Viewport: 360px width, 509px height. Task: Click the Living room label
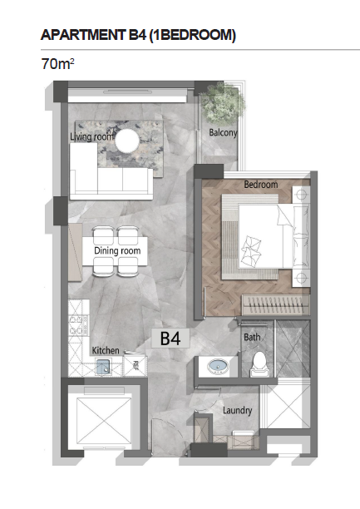[91, 136]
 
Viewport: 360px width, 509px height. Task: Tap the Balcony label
[223, 132]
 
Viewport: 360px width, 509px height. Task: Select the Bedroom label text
[261, 185]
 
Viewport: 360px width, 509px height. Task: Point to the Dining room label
[117, 250]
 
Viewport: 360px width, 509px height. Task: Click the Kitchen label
[106, 351]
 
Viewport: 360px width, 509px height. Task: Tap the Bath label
[252, 338]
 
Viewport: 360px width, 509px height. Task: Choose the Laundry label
[237, 411]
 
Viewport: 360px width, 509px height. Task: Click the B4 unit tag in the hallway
[170, 339]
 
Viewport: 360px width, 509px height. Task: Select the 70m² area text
[57, 63]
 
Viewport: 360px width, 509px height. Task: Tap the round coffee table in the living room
[127, 141]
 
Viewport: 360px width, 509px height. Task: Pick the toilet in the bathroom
[259, 364]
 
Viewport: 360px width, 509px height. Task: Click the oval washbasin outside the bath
[218, 366]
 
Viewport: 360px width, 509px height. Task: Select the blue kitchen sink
[104, 367]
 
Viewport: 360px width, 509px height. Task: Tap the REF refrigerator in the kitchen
[136, 366]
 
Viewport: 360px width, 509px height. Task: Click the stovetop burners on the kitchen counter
[78, 325]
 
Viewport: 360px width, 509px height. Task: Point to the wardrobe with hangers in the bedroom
[276, 304]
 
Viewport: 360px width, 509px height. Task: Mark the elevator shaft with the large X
[105, 418]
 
